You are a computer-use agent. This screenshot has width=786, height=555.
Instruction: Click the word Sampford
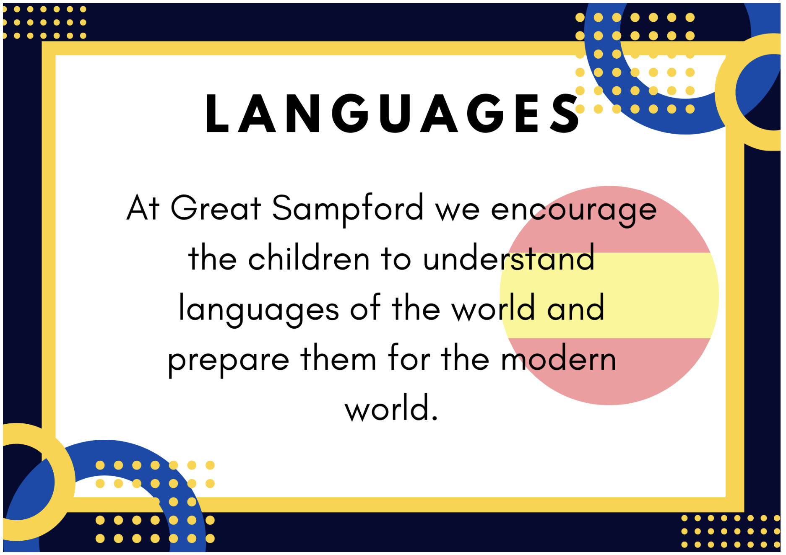click(348, 209)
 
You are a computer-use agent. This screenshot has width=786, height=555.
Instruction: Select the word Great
click(216, 208)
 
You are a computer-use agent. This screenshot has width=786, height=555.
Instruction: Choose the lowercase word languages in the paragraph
click(259, 310)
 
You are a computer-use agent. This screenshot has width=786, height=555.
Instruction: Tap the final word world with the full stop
click(391, 407)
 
